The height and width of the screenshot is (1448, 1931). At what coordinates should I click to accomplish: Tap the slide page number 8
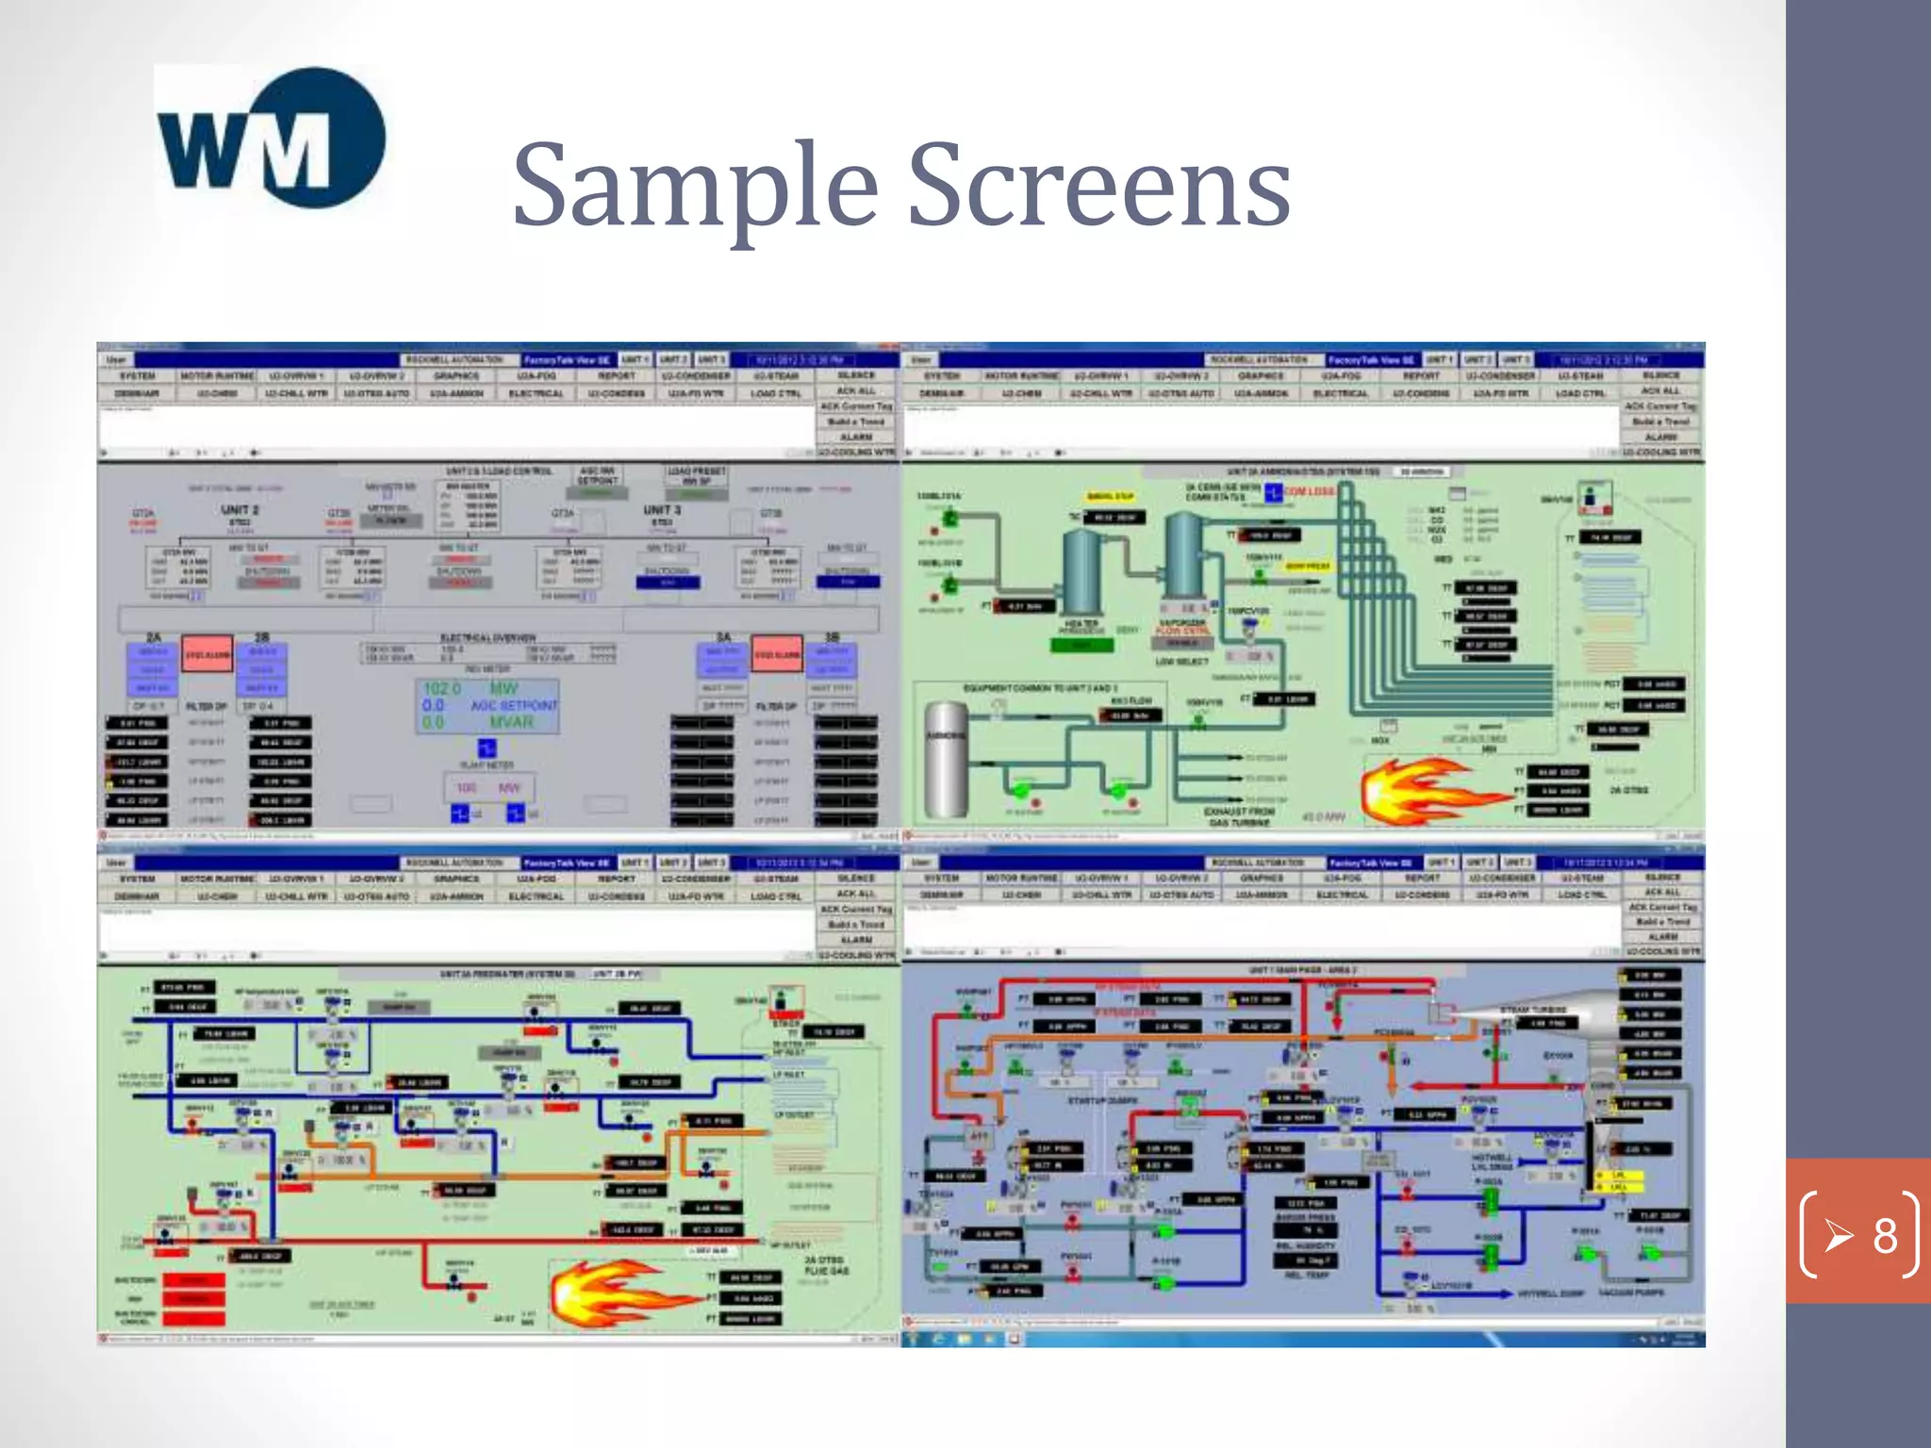1883,1235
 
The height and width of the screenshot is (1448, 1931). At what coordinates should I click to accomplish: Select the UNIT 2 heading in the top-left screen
239,510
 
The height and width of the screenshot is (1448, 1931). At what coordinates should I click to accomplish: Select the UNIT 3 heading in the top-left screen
662,510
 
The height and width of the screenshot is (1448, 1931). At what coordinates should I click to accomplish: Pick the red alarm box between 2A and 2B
206,654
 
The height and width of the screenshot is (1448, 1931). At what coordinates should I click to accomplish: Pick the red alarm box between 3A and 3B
777,654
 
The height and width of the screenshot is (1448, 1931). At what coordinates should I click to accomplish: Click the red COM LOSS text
1309,491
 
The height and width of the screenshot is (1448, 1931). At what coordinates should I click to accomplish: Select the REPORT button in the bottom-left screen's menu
617,879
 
